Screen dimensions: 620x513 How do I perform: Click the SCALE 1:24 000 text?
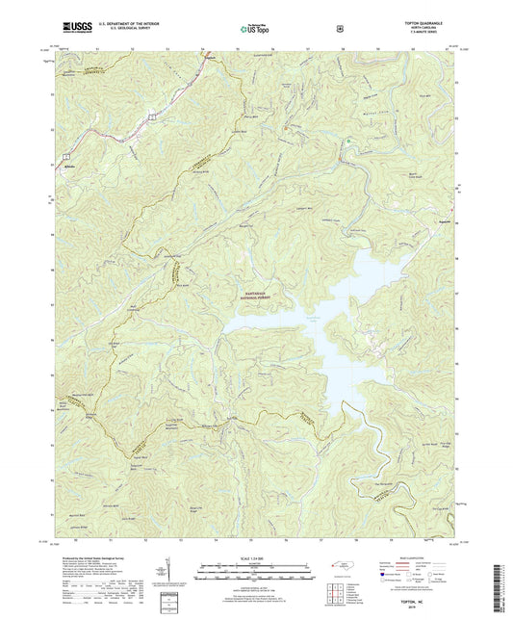(x=255, y=558)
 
